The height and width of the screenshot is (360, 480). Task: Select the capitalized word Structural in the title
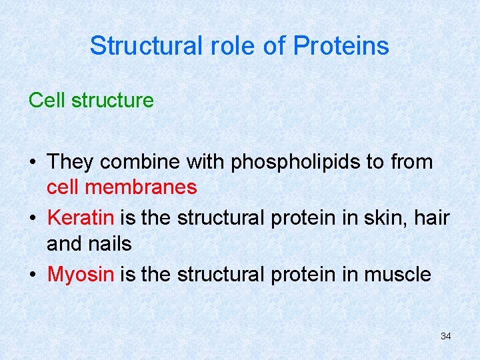click(x=145, y=46)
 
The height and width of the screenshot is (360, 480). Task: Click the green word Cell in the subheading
click(x=47, y=101)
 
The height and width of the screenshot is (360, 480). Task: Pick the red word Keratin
click(x=81, y=218)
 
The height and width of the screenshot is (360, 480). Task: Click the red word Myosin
click(x=81, y=275)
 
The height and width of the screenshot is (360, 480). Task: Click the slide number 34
click(x=445, y=336)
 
